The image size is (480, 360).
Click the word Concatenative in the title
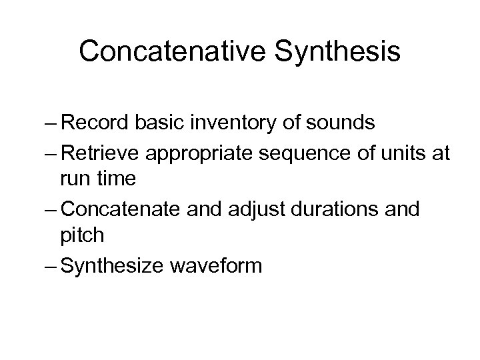(x=172, y=51)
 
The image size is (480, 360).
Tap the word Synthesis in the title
(x=337, y=51)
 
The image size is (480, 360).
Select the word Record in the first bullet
(x=89, y=123)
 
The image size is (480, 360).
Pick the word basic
(x=154, y=123)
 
